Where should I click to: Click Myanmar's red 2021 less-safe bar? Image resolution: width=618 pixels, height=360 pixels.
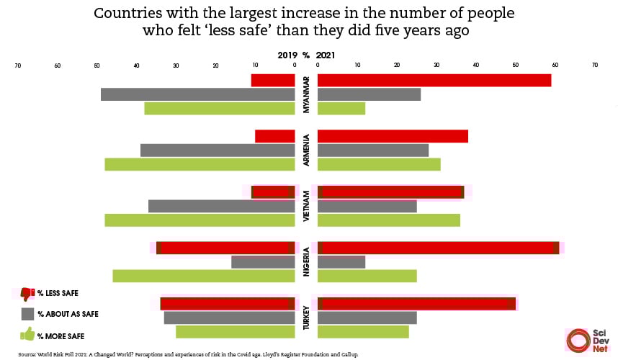(434, 81)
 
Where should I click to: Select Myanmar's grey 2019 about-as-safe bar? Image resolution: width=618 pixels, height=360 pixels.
(198, 94)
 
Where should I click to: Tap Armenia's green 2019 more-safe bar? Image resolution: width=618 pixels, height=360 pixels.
(200, 164)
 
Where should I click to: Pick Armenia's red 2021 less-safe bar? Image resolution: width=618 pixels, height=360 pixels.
(393, 136)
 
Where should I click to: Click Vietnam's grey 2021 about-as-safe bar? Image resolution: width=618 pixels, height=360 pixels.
(367, 206)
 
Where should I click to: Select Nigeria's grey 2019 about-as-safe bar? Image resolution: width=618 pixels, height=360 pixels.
(263, 262)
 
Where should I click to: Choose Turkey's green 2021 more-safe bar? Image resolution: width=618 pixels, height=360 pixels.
(363, 332)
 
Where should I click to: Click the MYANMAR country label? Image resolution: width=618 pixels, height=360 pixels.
(306, 94)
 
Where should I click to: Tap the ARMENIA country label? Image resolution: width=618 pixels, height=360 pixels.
(306, 150)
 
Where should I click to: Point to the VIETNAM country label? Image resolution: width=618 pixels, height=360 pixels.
(306, 206)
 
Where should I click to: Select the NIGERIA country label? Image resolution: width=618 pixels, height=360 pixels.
(306, 262)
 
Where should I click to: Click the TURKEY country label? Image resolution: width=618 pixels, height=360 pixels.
(306, 318)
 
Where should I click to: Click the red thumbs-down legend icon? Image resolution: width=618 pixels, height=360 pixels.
(28, 294)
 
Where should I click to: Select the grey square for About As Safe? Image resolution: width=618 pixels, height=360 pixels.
(28, 314)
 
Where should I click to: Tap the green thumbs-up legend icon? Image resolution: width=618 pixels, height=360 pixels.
(28, 334)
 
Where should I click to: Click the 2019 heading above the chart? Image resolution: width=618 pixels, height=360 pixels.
(287, 55)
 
